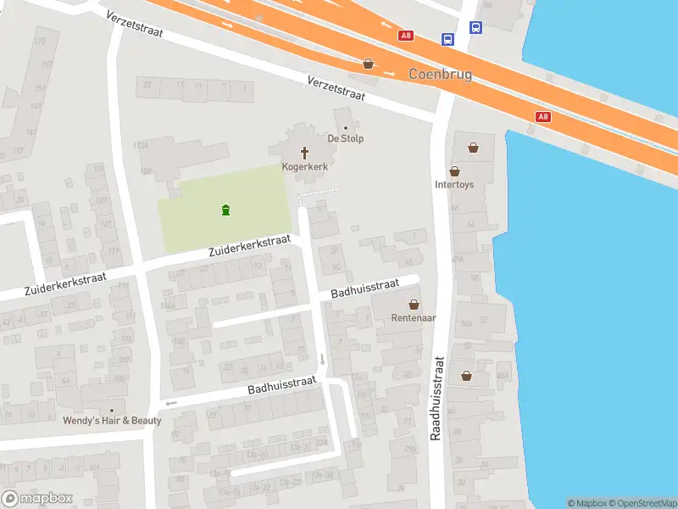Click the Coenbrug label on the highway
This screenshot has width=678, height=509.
coord(440,75)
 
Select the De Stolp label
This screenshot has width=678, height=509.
coord(346,138)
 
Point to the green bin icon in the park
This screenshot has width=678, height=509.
coord(225,210)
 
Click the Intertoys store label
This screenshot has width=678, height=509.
coord(454,183)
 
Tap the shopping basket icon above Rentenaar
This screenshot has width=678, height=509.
coord(414,305)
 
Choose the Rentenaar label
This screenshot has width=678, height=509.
coord(414,319)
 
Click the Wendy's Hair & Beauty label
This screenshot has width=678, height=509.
coord(111,421)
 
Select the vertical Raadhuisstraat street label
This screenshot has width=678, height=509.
coord(437,396)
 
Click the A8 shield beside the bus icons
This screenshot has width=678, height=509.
coord(406,36)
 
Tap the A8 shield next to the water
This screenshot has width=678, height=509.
coord(543,117)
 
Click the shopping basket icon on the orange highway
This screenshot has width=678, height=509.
coord(368,64)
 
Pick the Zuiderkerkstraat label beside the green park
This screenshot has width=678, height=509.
coord(250,247)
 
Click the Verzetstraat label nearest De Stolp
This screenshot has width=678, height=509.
coord(336,90)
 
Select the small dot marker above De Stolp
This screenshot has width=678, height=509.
coord(345,128)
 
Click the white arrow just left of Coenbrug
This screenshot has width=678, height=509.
coord(389,73)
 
